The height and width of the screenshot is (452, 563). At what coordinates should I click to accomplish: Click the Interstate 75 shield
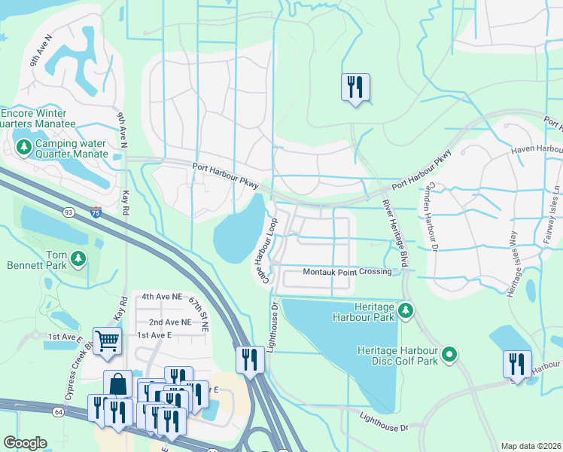[x=95, y=213]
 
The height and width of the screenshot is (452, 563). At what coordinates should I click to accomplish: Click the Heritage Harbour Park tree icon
[x=406, y=310]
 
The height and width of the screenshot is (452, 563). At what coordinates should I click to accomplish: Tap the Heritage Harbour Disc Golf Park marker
[x=449, y=353]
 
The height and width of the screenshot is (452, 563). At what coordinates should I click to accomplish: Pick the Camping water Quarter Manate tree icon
[x=24, y=146]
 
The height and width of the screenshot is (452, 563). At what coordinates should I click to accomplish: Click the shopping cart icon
[x=107, y=341]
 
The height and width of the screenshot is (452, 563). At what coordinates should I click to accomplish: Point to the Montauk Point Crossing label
[x=347, y=271]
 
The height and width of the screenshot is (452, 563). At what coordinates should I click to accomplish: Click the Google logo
[x=26, y=443]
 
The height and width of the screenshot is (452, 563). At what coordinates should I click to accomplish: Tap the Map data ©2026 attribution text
[x=531, y=446]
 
